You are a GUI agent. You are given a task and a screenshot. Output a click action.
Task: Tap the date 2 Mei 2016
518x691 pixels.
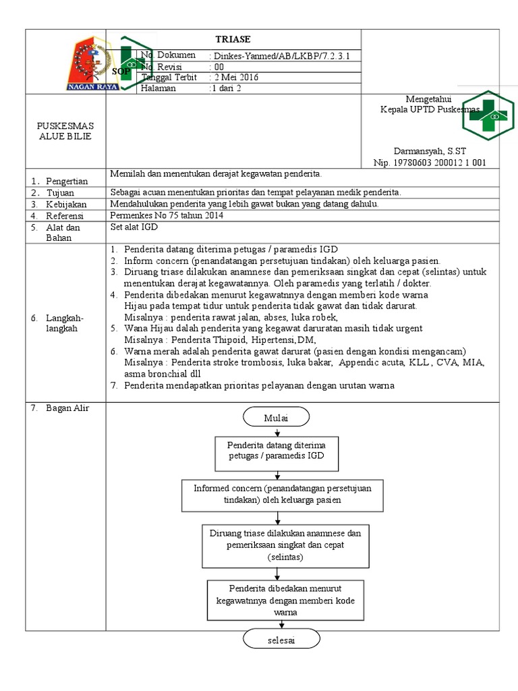click(235, 77)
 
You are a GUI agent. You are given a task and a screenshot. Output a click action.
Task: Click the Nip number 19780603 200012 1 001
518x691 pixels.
click(430, 163)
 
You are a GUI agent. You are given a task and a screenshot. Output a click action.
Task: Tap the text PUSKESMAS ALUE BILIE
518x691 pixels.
click(66, 131)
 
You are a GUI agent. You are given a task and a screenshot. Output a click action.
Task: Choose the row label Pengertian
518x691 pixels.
click(67, 181)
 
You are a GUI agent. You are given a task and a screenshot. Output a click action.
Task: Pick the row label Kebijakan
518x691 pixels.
click(67, 204)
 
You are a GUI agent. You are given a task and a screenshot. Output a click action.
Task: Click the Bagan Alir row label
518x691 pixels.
click(67, 408)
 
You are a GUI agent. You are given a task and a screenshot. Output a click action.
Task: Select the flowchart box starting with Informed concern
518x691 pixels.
click(283, 494)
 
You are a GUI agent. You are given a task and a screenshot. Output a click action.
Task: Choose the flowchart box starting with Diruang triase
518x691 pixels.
click(285, 545)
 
